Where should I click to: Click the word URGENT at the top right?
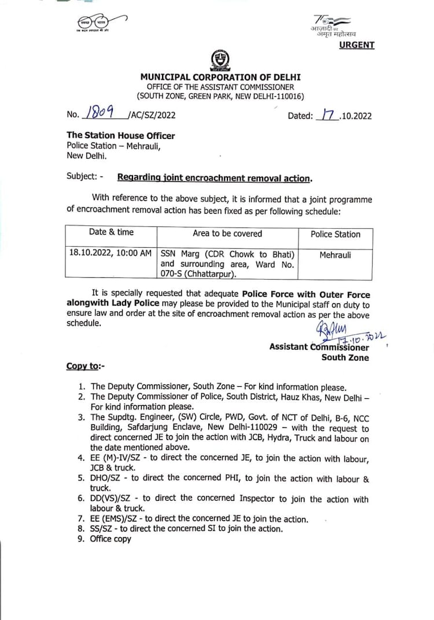pyautogui.click(x=356, y=45)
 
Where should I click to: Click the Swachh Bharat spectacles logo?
pyautogui.click(x=95, y=23)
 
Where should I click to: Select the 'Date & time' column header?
pyautogui.click(x=111, y=232)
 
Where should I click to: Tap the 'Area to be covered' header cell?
pyautogui.click(x=227, y=233)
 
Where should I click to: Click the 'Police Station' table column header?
pyautogui.click(x=335, y=234)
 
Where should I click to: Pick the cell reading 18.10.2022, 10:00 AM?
pyautogui.click(x=111, y=254)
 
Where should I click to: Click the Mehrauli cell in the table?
pyautogui.click(x=335, y=254)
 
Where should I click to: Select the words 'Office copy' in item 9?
pyautogui.click(x=111, y=539)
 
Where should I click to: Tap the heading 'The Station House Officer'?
pyautogui.click(x=120, y=135)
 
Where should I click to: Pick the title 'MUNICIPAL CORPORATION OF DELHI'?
pyautogui.click(x=220, y=77)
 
